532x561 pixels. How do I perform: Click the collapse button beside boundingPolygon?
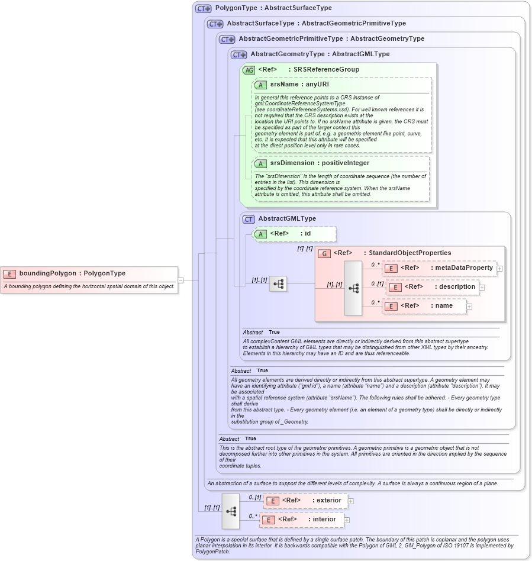180,280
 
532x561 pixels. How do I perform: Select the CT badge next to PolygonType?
204,9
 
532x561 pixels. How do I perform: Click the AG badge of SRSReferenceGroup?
249,70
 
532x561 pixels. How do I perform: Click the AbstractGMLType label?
287,219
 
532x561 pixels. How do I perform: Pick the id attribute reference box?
294,234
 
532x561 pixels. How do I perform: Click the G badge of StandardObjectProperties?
324,253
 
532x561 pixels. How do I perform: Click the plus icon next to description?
482,288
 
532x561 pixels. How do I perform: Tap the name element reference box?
424,306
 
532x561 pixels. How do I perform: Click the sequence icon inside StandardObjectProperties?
353,288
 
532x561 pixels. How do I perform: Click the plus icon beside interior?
347,520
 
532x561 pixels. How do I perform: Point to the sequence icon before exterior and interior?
231,511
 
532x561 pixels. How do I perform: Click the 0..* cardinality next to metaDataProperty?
375,265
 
